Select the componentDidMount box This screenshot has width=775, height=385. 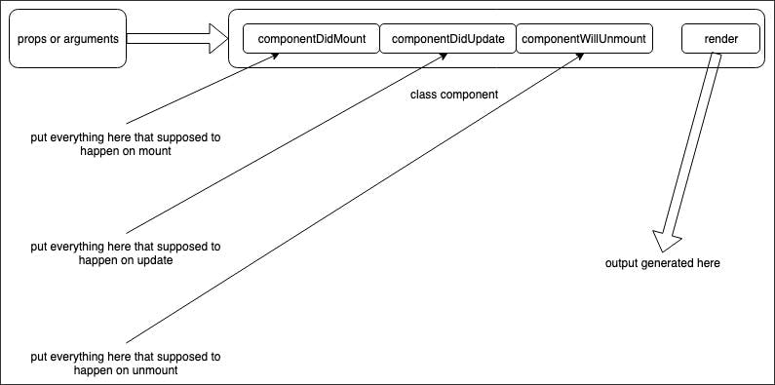point(310,39)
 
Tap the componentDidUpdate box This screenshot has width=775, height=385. point(446,39)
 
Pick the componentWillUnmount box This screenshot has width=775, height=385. point(583,39)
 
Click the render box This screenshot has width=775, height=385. point(720,39)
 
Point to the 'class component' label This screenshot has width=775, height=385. point(453,95)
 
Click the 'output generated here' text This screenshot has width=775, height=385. point(662,263)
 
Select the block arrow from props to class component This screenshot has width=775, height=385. point(175,39)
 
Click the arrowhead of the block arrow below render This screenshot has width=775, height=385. point(667,241)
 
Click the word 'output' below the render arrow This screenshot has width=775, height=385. point(624,263)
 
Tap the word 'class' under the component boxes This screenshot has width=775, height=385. point(426,95)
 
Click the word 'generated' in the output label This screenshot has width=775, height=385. point(669,263)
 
